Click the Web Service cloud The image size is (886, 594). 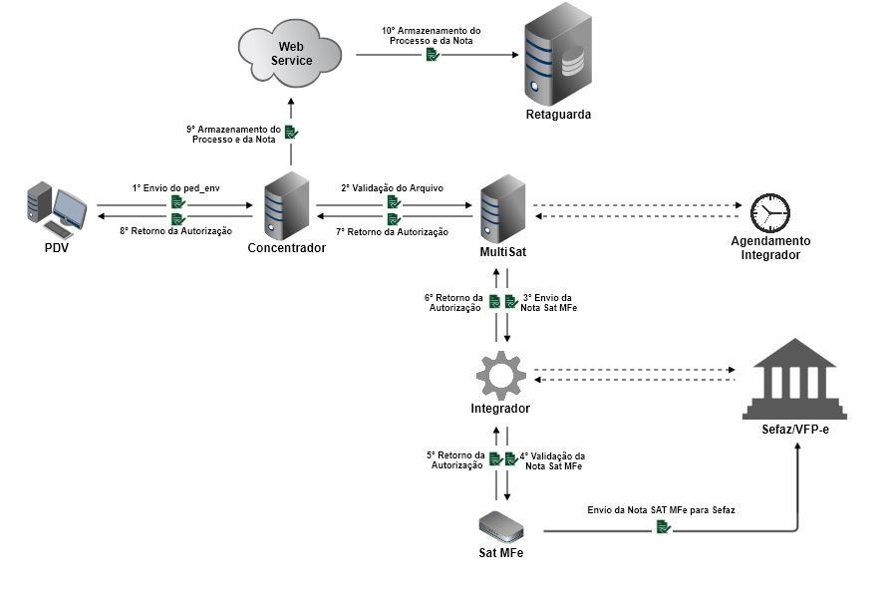291,52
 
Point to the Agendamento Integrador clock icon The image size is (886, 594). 769,210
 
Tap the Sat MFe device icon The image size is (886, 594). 503,525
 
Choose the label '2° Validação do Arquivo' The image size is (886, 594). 392,187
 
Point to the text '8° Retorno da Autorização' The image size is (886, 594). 175,231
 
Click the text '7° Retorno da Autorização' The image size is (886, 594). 392,231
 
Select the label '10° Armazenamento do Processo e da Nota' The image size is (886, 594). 432,36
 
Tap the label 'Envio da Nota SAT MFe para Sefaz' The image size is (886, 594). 662,509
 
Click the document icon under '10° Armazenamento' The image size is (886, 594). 432,56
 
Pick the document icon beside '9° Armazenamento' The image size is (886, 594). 291,133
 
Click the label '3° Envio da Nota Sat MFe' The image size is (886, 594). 549,303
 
